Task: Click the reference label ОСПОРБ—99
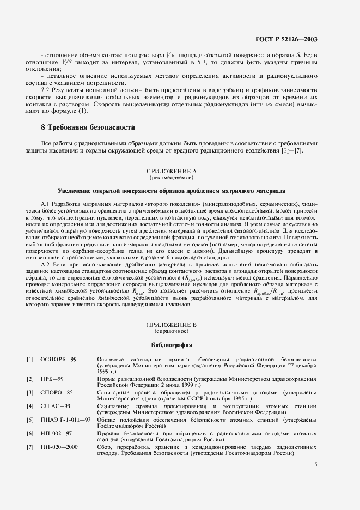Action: point(58,360)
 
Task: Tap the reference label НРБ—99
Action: point(52,378)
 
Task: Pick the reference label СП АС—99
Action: point(56,406)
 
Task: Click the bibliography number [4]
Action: point(30,406)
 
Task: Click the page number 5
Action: point(316,465)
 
